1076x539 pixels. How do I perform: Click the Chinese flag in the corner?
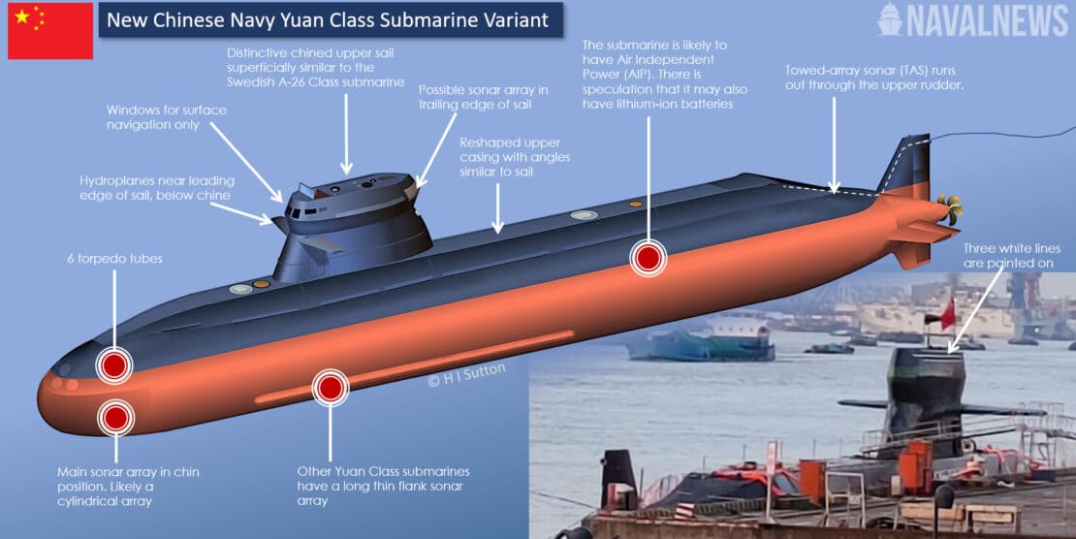[x=50, y=31]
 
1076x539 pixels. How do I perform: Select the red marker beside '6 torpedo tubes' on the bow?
[x=114, y=365]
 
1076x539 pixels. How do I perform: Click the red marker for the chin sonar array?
[x=115, y=418]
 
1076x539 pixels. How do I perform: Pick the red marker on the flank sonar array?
[x=330, y=387]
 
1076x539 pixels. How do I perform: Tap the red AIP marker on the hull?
[x=649, y=257]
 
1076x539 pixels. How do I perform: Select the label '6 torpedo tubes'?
[x=107, y=259]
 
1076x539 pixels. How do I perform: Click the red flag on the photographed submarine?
[x=947, y=314]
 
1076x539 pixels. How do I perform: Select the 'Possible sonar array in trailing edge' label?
[x=483, y=98]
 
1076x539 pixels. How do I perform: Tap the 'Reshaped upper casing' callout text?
[x=515, y=158]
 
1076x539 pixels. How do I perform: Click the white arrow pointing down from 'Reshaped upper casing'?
[x=497, y=208]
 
